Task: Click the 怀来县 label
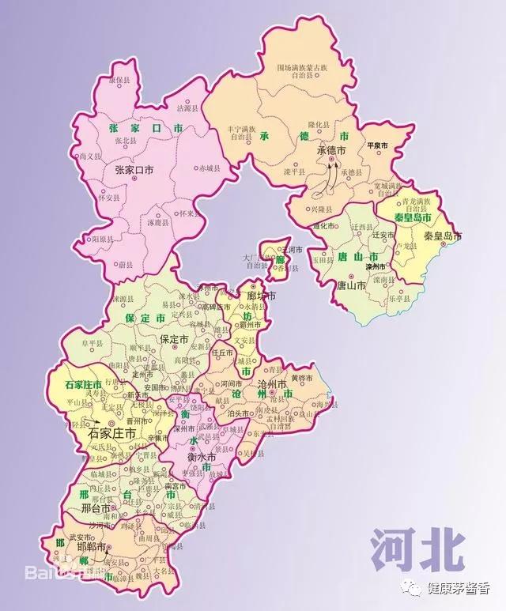point(188,213)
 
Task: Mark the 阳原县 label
point(102,238)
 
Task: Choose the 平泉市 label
point(377,146)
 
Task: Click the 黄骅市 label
point(302,379)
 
